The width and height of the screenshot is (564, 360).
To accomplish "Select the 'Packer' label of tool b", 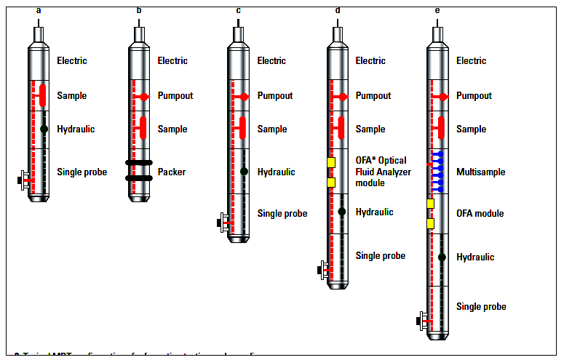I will (172, 172).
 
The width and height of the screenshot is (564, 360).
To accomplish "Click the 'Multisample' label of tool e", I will (480, 172).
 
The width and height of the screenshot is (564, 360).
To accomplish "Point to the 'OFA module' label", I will (480, 214).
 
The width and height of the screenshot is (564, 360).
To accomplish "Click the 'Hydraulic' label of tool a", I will (76, 129).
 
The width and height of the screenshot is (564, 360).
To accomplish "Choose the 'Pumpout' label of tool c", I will (275, 96).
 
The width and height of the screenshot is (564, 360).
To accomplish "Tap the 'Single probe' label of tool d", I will (381, 256).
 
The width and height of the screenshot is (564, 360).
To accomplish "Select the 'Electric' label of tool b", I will (172, 61).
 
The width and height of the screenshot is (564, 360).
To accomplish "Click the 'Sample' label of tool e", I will (471, 129).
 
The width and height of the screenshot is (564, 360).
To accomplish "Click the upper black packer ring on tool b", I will (138, 163).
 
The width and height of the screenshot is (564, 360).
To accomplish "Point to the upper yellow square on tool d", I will (331, 163).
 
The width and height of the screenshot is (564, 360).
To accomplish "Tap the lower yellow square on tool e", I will (430, 224).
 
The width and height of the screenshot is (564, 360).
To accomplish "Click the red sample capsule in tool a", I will (43, 95).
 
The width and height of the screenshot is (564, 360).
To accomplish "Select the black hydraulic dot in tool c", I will (244, 172).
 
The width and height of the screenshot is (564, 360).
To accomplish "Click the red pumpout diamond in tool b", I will (144, 96).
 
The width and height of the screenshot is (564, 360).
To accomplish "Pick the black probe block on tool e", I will (418, 321).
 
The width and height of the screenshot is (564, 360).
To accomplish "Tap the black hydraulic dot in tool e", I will (442, 257).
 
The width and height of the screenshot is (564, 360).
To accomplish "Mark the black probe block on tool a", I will (20, 180).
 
